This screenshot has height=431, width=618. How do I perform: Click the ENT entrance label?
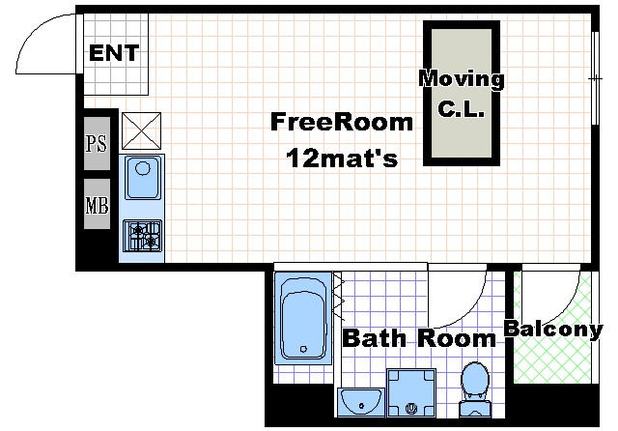click(x=114, y=53)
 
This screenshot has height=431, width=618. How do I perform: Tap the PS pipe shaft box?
click(x=97, y=143)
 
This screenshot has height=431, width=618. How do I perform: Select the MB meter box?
click(x=97, y=204)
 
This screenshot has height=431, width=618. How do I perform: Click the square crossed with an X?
click(x=142, y=130)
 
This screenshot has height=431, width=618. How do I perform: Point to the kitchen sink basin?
click(x=143, y=178)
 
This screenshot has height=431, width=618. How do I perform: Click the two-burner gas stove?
click(x=142, y=236)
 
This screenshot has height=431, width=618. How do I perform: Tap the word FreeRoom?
click(x=341, y=122)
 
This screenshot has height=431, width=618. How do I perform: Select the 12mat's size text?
click(x=342, y=158)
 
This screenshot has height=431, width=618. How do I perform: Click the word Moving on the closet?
click(x=462, y=79)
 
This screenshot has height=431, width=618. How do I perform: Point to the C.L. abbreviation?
click(x=461, y=108)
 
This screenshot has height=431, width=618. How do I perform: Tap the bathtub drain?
click(x=303, y=349)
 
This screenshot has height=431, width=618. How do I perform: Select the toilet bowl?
click(x=475, y=389)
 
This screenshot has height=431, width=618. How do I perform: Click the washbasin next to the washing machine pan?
click(x=361, y=402)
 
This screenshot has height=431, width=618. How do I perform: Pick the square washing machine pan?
click(x=411, y=392)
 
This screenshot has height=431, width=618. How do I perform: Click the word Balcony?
click(x=553, y=330)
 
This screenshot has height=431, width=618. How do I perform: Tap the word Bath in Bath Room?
click(x=374, y=338)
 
